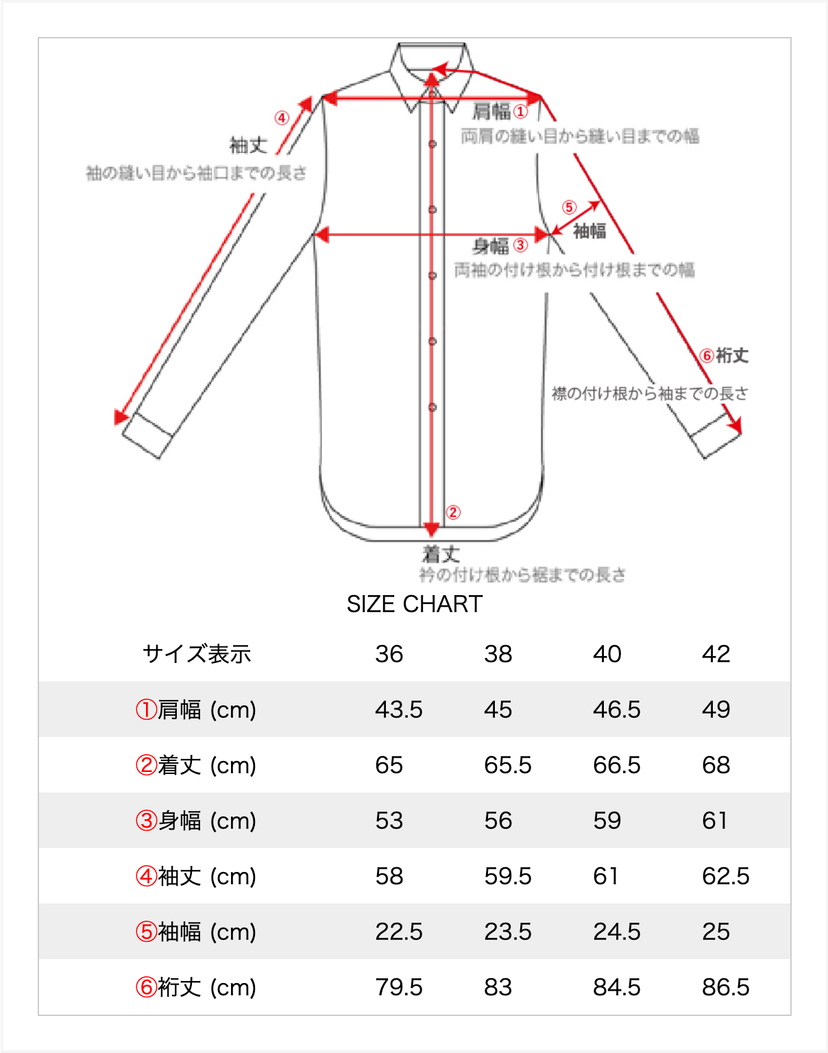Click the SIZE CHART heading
tap(415, 604)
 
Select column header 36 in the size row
tap(389, 654)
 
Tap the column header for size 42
tap(716, 654)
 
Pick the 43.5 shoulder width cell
tap(398, 710)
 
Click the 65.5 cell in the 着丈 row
tap(507, 765)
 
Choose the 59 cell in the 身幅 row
tap(607, 821)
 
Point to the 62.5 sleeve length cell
tap(725, 876)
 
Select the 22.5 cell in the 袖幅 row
tap(398, 932)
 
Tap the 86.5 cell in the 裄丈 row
tap(725, 987)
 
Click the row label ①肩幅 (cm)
tap(196, 710)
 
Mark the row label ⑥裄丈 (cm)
tap(196, 987)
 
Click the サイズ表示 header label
tap(197, 654)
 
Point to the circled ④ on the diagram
tap(282, 118)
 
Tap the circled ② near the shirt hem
tap(453, 512)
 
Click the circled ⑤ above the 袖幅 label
tap(570, 207)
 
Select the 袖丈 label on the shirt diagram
tap(248, 145)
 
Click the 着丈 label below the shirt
tap(440, 554)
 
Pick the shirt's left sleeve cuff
tap(147, 435)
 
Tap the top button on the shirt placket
tap(433, 144)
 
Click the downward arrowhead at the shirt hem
tap(432, 529)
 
